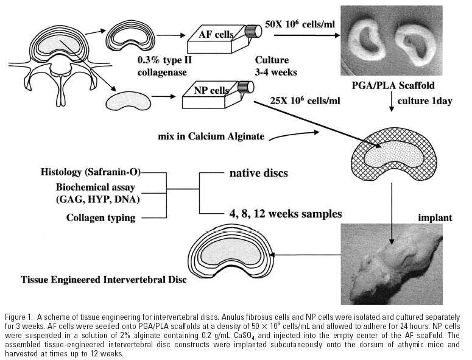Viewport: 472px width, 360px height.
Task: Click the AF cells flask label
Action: coord(216,34)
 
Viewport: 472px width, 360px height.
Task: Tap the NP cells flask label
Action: coord(211,90)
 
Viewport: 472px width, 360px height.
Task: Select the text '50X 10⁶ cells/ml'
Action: coord(300,24)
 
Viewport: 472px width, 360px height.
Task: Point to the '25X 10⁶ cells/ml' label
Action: coord(305,101)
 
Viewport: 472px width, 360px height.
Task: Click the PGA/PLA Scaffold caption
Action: coord(393,85)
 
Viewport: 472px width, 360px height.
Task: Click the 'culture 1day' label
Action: coord(424,101)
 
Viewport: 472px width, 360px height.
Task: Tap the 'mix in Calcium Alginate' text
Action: coord(211,136)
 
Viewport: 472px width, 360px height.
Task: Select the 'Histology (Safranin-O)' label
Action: coord(91,172)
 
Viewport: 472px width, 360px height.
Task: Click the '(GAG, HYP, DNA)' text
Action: coord(98,200)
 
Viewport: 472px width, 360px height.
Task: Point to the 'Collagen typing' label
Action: coord(101,217)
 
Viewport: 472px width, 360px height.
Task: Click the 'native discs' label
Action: coord(259,173)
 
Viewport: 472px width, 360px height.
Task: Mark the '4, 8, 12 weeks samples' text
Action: coord(286,214)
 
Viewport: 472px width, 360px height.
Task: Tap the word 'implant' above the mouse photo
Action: coord(435,217)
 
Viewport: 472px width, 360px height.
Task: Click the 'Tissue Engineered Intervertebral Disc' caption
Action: coord(104,280)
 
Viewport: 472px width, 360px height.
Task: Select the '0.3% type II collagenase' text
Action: coord(164,66)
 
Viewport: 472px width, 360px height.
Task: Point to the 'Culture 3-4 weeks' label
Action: coord(276,66)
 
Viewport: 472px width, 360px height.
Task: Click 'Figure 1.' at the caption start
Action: coord(18,317)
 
